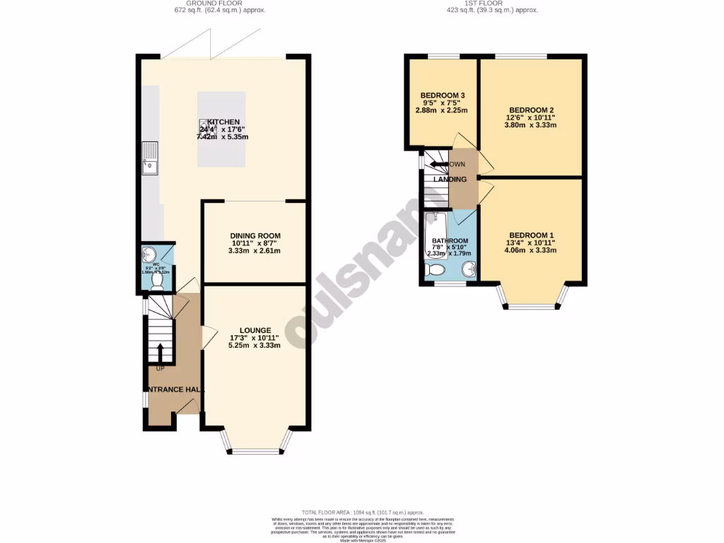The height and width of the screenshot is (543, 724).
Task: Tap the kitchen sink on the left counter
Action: tap(151, 158)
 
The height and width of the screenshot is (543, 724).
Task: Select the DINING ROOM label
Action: tap(255, 236)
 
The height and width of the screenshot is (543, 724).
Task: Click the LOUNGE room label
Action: tap(255, 330)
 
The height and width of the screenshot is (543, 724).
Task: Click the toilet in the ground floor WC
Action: tap(157, 281)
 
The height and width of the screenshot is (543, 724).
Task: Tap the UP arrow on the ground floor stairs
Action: tap(160, 354)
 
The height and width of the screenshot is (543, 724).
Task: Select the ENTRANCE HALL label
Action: tap(175, 390)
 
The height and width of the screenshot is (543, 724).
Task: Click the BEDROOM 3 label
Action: tap(442, 95)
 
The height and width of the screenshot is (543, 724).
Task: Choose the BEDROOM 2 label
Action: tap(532, 110)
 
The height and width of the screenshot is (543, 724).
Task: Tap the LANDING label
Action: tap(450, 180)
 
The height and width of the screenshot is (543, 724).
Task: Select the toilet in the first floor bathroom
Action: tap(436, 269)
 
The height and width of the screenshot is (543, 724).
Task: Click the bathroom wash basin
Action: tap(467, 268)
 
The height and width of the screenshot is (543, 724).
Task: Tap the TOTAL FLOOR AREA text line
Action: tap(362, 512)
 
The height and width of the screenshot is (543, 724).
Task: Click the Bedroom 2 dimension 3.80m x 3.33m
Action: tap(532, 125)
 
